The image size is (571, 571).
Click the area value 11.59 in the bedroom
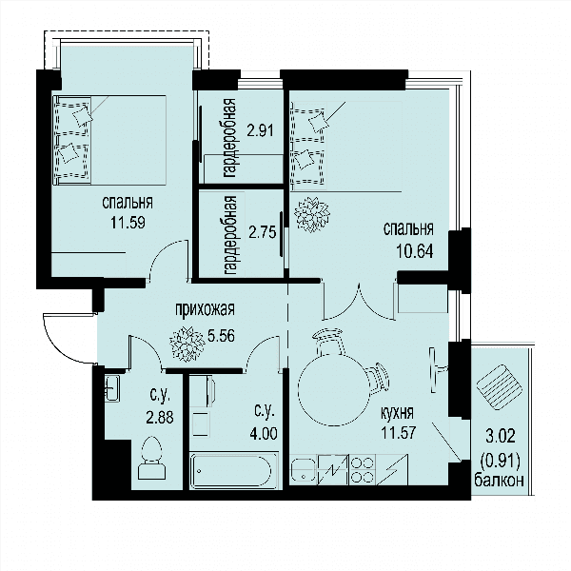coord(128,222)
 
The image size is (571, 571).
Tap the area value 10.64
coord(415,251)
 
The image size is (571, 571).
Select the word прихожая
coord(205,309)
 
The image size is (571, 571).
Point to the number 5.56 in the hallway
coord(221,335)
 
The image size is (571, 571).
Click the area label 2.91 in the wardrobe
coord(260,130)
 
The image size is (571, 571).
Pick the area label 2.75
coord(263,231)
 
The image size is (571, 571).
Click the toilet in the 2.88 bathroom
coord(151,458)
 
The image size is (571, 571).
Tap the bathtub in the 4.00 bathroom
coord(234,470)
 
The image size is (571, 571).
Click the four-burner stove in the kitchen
coord(363,470)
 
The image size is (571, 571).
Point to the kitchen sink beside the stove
coord(304,470)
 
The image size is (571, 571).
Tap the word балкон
coord(499,480)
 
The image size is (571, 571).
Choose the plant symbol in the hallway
coord(187,345)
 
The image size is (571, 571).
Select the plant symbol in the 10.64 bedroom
coord(312,214)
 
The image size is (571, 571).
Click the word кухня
coord(397,413)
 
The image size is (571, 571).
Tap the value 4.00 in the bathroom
coord(264,433)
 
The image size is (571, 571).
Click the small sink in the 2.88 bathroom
coord(112,388)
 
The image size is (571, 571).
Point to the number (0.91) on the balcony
coord(500,462)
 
